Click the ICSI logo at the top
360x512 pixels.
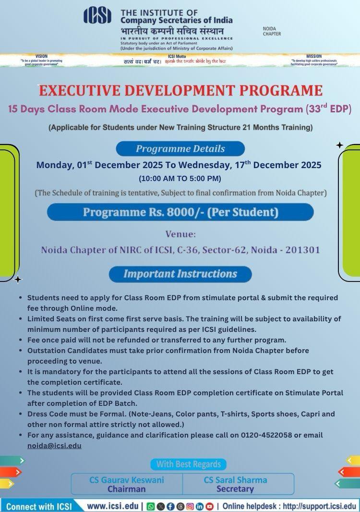pyautogui.click(x=97, y=15)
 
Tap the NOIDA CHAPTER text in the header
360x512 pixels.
pyautogui.click(x=272, y=31)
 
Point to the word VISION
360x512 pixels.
pyautogui.click(x=42, y=56)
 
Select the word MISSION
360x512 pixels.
pyautogui.click(x=314, y=56)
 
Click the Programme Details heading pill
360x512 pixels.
pyautogui.click(x=180, y=148)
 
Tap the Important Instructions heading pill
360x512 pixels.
pyautogui.click(x=180, y=274)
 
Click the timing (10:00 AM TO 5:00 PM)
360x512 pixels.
pyautogui.click(x=180, y=179)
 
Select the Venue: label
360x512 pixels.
pyautogui.click(x=180, y=235)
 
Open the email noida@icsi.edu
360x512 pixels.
pyautogui.click(x=54, y=445)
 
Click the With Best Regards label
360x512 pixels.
pyautogui.click(x=188, y=464)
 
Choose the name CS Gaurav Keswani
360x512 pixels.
pyautogui.click(x=127, y=480)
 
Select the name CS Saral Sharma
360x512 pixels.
pyautogui.click(x=235, y=480)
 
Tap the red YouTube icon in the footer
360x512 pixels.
pyautogui.click(x=210, y=506)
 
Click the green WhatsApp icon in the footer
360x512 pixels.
pyautogui.click(x=150, y=506)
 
